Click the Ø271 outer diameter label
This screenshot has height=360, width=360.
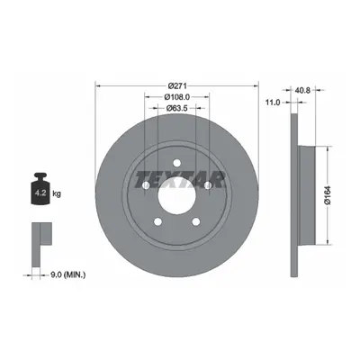pyautogui.click(x=177, y=86)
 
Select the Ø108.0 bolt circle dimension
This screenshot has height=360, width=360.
pyautogui.click(x=177, y=97)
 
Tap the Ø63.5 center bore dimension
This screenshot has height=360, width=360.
pyautogui.click(x=177, y=108)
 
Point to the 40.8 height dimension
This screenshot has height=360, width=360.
pyautogui.click(x=303, y=89)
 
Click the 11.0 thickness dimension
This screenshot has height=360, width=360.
pyautogui.click(x=274, y=103)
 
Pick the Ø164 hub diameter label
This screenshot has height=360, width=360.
pyautogui.click(x=328, y=195)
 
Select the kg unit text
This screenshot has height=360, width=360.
pyautogui.click(x=57, y=194)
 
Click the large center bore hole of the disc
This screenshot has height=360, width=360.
pyautogui.click(x=177, y=195)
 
